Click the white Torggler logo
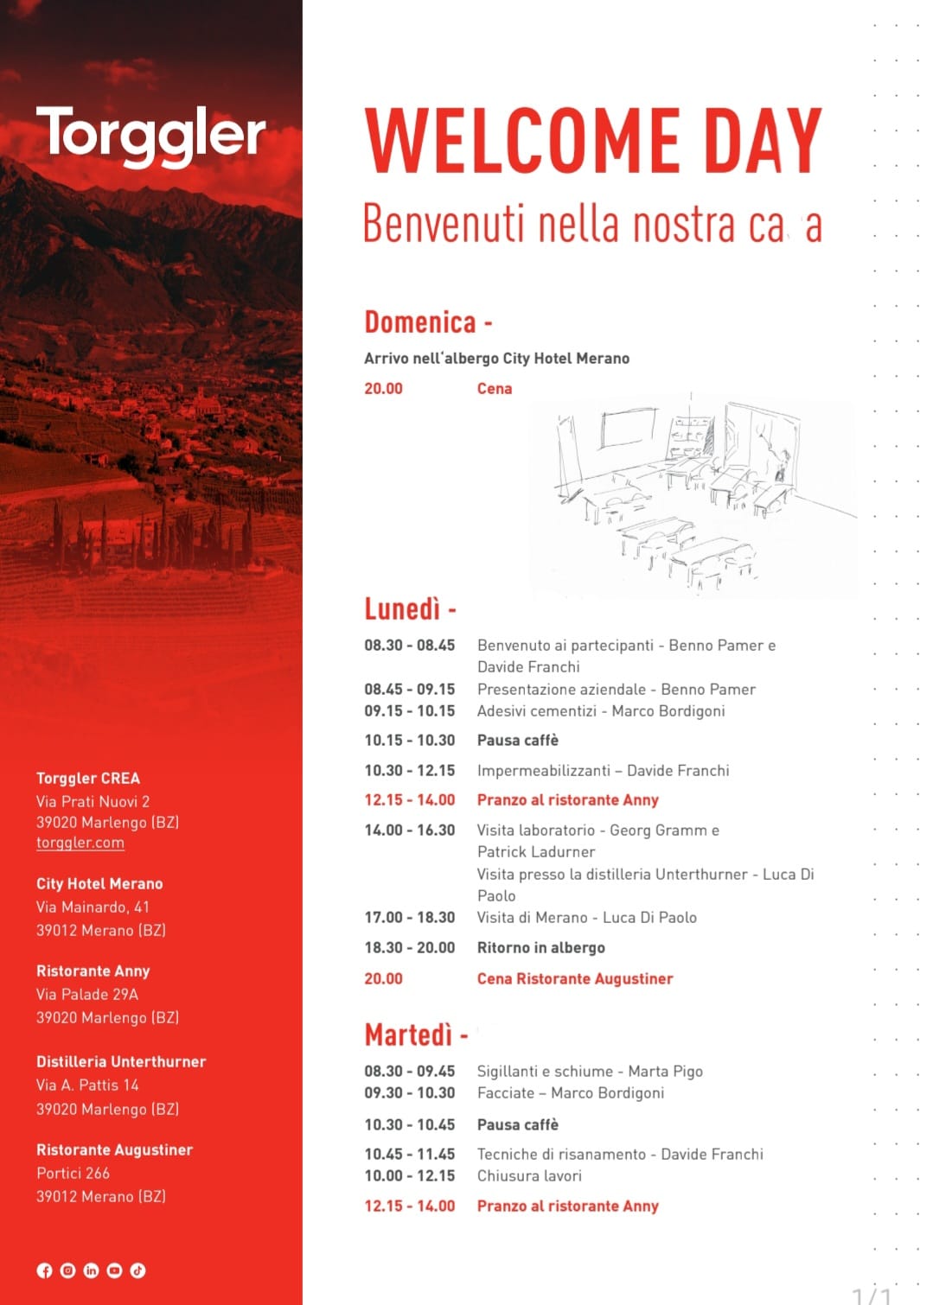pos(150,135)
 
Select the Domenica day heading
pos(420,322)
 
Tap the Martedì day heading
pos(408,1034)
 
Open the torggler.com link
pos(80,843)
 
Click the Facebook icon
pos(44,1270)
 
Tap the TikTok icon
pos(137,1270)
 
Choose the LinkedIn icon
pos(91,1270)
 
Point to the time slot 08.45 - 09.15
pos(409,690)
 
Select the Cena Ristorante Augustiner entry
pos(574,978)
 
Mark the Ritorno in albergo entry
pos(540,948)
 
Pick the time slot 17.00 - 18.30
pos(409,918)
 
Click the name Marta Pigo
pos(665,1072)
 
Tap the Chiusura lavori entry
pos(529,1176)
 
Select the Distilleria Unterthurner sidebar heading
pos(121,1061)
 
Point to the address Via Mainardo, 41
pos(93,907)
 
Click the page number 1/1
pos(871,1295)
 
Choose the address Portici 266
pos(73,1173)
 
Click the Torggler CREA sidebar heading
pos(88,778)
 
